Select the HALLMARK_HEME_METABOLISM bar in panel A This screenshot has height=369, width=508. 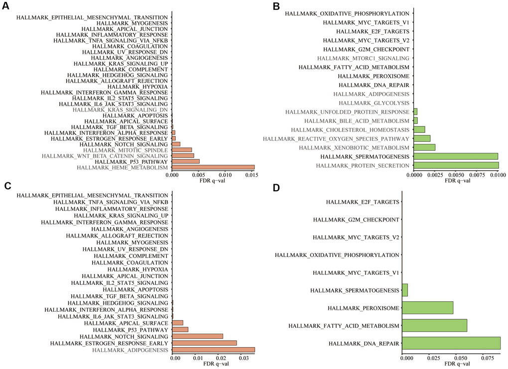213,168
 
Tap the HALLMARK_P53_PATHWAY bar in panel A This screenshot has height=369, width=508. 185,161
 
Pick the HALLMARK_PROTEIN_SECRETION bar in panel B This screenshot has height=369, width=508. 456,165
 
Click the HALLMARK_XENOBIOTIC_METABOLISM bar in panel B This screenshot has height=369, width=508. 424,147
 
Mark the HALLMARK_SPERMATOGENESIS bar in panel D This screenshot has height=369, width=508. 404,290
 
